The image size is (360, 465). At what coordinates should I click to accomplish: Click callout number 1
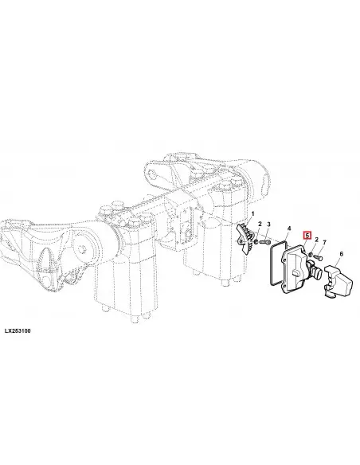tap(252, 213)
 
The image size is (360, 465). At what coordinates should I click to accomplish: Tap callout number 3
tap(268, 224)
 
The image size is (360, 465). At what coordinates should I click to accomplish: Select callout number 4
tap(289, 228)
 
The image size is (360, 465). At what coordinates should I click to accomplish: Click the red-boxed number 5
tap(307, 236)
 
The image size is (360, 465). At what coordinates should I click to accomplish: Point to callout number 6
tap(342, 254)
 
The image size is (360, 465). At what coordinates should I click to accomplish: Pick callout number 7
tap(324, 243)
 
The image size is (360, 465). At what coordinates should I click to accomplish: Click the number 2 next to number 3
tap(260, 224)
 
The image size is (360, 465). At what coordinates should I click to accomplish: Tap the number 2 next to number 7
tap(316, 240)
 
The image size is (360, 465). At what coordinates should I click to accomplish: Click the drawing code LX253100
tap(18, 330)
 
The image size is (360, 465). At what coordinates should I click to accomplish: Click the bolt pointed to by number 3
tap(264, 242)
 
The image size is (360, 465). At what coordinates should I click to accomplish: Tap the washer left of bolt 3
tap(256, 242)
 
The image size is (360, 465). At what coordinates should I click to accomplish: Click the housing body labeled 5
tap(294, 269)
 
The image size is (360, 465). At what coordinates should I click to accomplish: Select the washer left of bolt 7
tap(310, 255)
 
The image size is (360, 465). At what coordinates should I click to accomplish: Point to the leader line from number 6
tap(336, 261)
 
